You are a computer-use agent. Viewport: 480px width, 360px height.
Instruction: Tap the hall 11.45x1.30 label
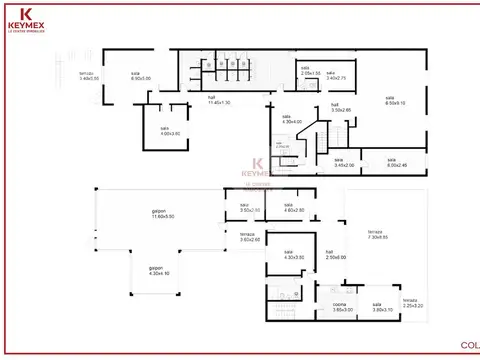point(219,101)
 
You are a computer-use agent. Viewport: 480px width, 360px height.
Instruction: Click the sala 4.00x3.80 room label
point(164,130)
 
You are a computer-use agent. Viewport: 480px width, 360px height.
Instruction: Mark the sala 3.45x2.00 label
point(343,162)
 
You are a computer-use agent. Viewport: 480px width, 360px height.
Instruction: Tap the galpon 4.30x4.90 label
point(157,269)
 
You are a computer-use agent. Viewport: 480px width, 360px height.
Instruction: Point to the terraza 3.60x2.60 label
point(249,237)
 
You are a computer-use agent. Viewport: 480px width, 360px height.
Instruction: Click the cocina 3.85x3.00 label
point(342,308)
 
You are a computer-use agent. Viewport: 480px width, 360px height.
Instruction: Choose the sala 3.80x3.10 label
point(378,308)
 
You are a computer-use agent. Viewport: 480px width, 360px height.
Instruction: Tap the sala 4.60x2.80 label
point(293,208)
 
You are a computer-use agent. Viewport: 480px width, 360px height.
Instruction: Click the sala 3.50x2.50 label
point(249,208)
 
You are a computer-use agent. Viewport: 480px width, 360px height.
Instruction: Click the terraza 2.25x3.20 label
point(412,303)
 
